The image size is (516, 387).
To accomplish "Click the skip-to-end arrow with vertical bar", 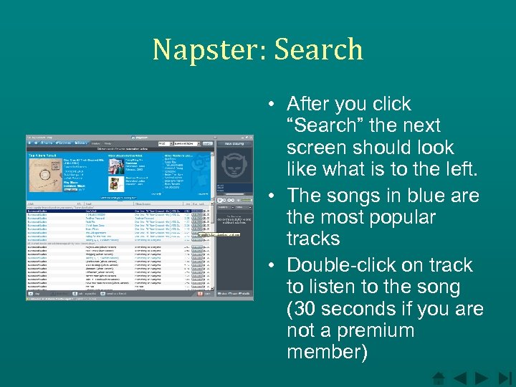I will click(505, 377).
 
